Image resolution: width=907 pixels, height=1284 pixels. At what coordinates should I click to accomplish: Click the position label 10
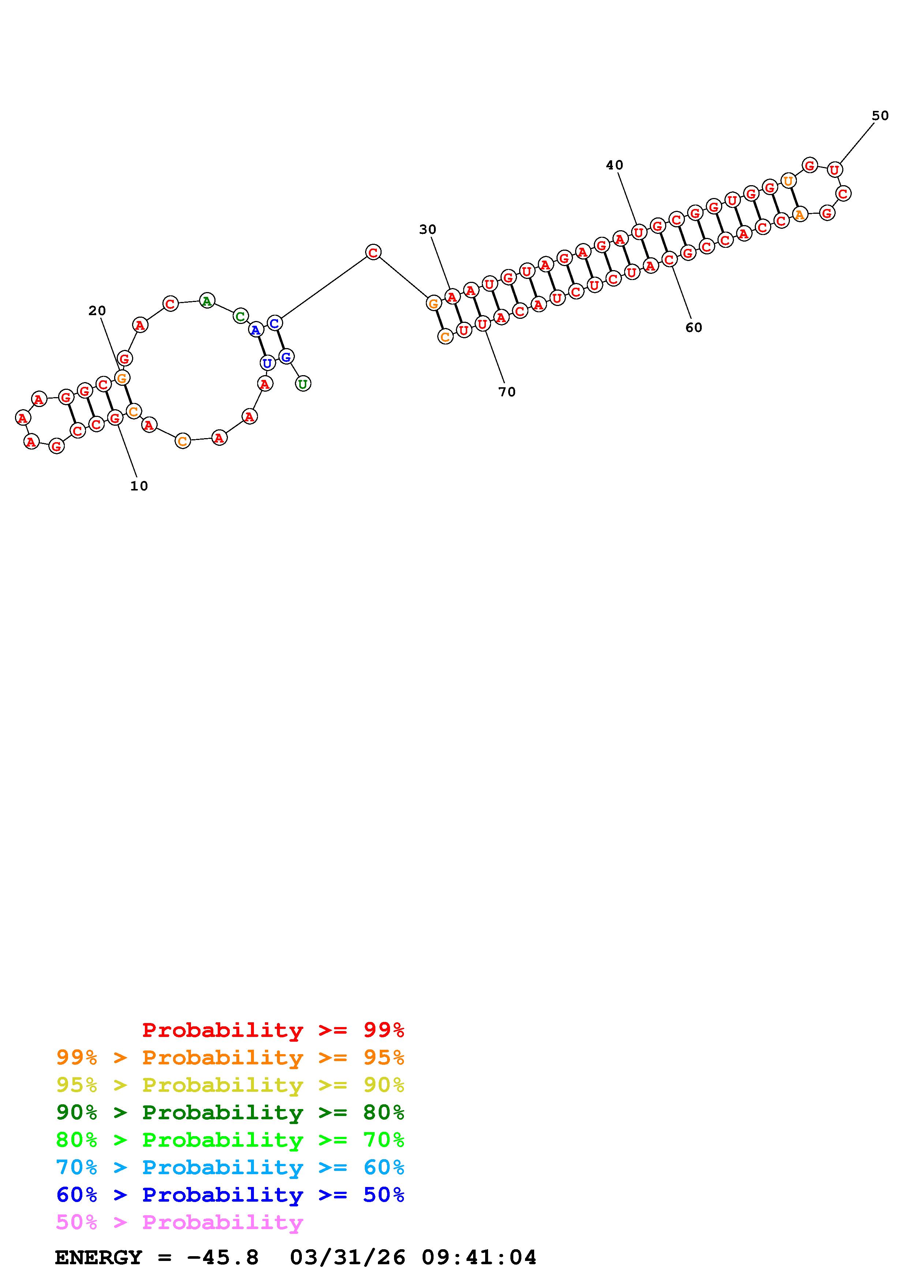click(139, 486)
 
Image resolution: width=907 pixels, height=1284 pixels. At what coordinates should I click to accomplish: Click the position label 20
click(97, 311)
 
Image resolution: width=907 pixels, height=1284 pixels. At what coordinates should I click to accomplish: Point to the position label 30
click(427, 229)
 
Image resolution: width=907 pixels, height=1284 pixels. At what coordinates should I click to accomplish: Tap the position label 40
click(615, 165)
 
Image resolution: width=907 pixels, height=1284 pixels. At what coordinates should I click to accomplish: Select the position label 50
click(880, 116)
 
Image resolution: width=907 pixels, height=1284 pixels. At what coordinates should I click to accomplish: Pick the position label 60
click(694, 328)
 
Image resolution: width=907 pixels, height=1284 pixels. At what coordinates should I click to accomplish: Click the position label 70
click(507, 392)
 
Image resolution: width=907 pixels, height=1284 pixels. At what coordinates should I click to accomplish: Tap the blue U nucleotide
click(267, 363)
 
